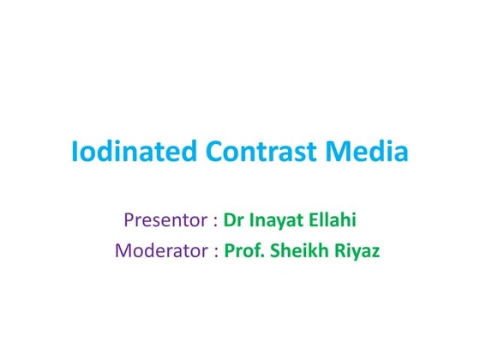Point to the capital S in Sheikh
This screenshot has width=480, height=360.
[272, 252]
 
